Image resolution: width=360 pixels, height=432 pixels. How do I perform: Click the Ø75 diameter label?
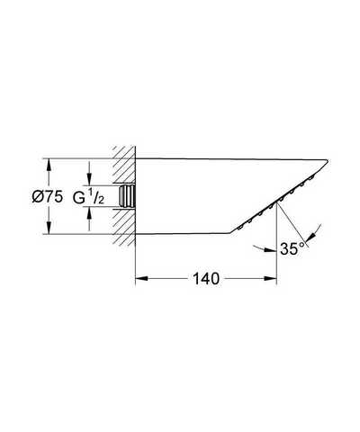48,197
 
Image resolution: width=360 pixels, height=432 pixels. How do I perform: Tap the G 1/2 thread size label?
88,197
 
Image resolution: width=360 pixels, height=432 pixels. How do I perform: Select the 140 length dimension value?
206,279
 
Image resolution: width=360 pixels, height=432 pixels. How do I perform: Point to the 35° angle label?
292,248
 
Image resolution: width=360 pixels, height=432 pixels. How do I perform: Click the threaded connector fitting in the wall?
127,196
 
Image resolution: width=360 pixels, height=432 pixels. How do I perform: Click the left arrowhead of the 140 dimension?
141,279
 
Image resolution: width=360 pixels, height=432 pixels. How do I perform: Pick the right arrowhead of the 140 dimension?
270,279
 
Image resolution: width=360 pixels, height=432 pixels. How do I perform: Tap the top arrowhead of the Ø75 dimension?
49,164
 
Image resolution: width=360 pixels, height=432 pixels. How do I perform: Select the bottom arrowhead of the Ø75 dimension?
49,228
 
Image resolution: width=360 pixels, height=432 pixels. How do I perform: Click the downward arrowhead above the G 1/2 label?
89,179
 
